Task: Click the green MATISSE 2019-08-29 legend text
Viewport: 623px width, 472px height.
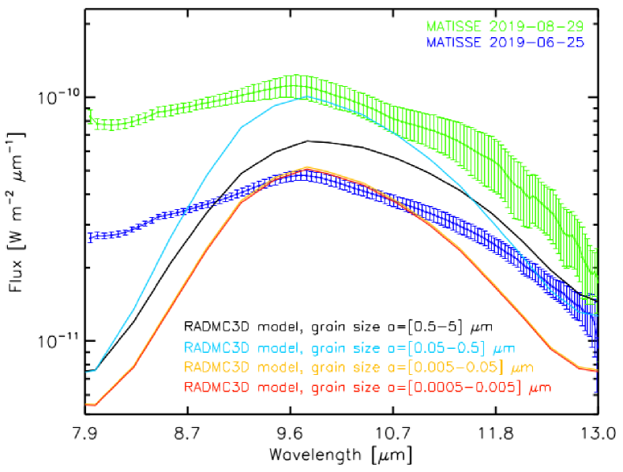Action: coord(506,27)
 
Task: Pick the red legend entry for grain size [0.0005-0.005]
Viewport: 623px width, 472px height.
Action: coord(366,388)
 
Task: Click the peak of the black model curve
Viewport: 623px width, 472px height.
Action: coord(307,140)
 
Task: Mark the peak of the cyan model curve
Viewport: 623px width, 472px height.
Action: coord(303,98)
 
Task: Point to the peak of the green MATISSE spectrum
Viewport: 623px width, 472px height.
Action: coord(296,84)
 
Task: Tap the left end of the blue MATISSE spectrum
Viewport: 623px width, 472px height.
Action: coord(89,237)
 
